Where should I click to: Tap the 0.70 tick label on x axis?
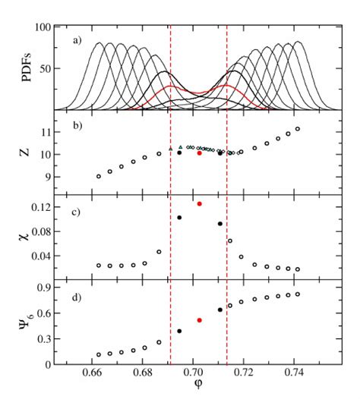[194, 375]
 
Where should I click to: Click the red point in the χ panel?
[199, 203]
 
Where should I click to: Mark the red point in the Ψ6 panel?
[199, 320]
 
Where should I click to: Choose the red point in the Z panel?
[199, 153]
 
